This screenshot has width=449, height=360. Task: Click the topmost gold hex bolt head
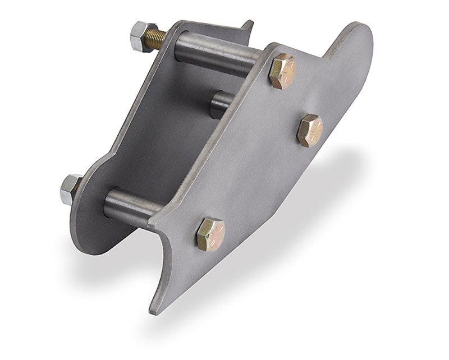pyautogui.click(x=282, y=71)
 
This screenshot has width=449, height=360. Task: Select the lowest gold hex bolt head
pyautogui.click(x=210, y=234)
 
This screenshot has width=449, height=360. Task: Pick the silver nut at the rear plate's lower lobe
pyautogui.click(x=70, y=189)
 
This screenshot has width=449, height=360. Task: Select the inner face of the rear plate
pyautogui.click(x=163, y=129)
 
